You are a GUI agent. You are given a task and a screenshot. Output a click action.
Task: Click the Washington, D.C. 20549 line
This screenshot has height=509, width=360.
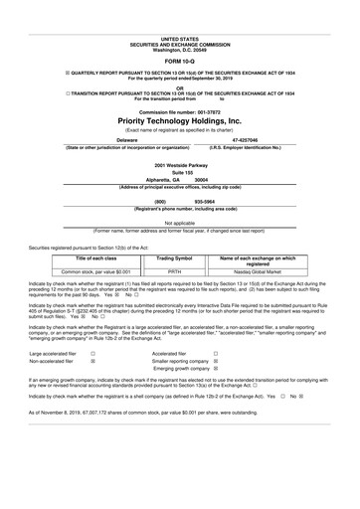click(180, 21)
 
